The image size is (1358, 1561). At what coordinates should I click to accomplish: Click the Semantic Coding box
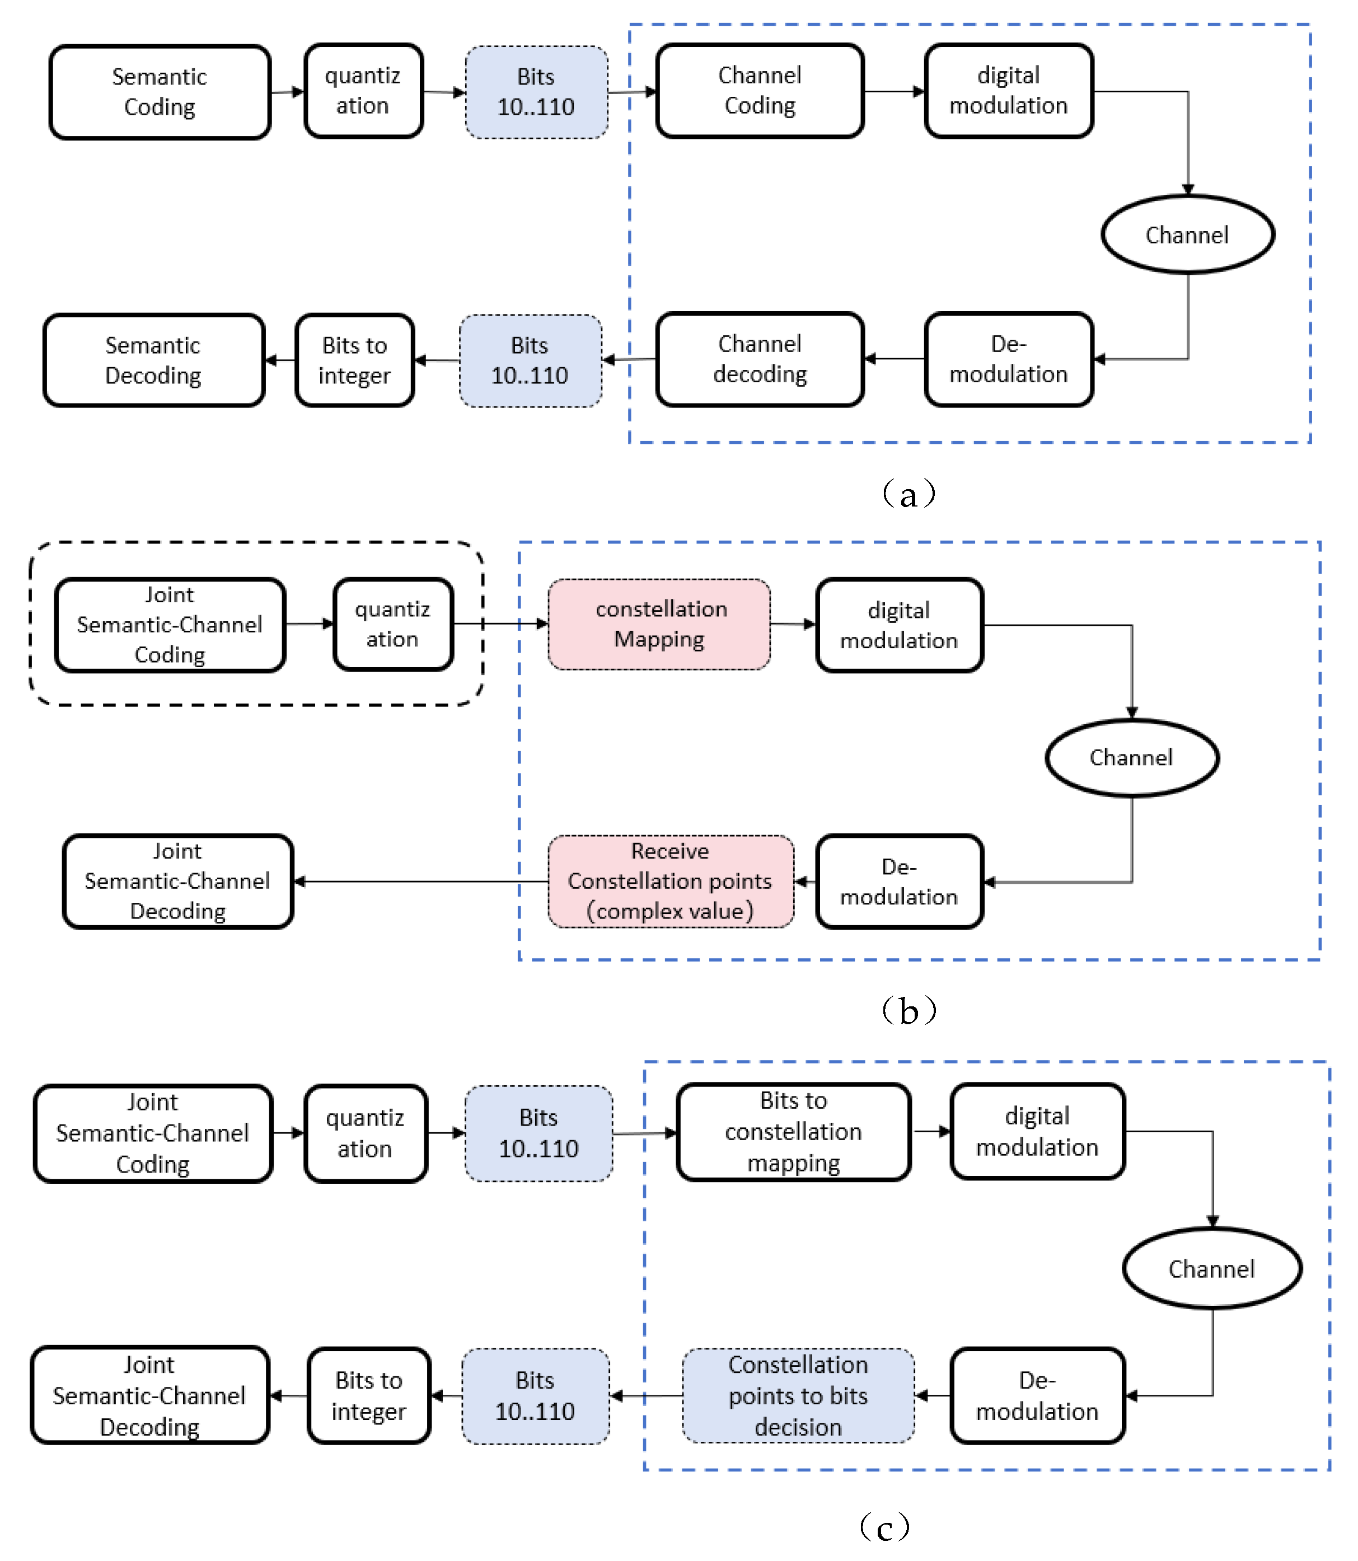(x=159, y=92)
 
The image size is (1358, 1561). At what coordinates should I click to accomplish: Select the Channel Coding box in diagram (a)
(x=760, y=91)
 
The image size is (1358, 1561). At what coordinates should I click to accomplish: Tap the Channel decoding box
(x=760, y=359)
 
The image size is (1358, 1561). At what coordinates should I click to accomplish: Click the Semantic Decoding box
(x=153, y=360)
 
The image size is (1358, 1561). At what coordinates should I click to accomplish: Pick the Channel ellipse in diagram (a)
(x=1187, y=235)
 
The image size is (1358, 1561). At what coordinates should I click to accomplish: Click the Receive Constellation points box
(x=670, y=882)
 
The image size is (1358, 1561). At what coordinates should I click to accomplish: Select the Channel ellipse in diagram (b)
(x=1131, y=758)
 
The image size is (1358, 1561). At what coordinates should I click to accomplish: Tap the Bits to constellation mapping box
(x=793, y=1131)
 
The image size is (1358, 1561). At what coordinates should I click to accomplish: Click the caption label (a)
(x=909, y=495)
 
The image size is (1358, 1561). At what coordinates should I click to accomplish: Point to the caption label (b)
(x=909, y=1011)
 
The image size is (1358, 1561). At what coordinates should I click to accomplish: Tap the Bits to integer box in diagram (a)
(x=355, y=360)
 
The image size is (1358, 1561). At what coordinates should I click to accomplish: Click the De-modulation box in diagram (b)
(x=899, y=882)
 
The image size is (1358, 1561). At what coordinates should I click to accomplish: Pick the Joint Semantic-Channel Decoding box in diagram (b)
(x=177, y=882)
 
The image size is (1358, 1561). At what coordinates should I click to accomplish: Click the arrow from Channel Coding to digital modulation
(x=894, y=92)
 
